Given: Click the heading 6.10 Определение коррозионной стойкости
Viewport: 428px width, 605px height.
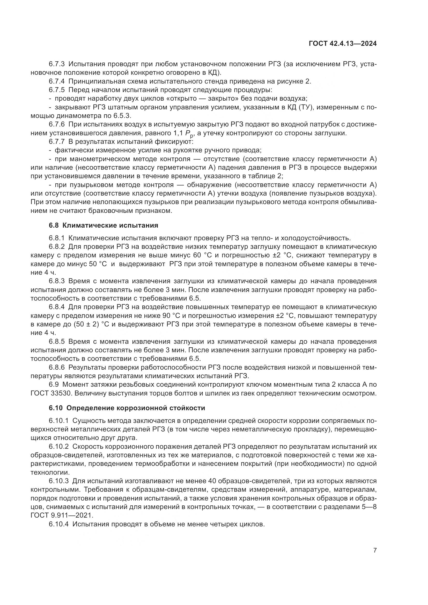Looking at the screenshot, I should pyautogui.click(x=127, y=408).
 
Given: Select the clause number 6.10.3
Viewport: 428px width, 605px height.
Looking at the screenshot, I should pyautogui.click(x=58, y=481).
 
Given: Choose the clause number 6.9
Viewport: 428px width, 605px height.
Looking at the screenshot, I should pyautogui.click(x=54, y=385).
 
